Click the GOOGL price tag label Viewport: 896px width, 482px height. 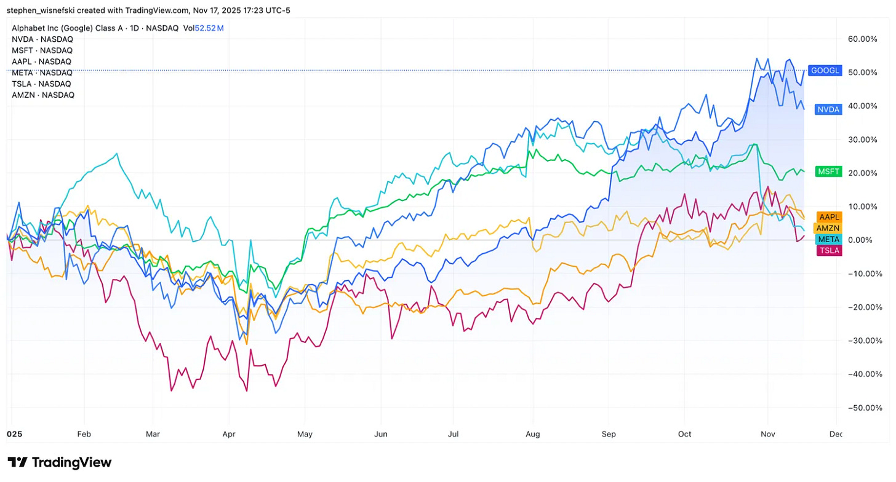point(825,71)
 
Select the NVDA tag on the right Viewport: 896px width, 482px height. point(827,110)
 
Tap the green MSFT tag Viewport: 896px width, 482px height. point(828,172)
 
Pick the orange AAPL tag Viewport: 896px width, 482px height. point(828,217)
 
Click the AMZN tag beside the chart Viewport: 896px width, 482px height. point(828,228)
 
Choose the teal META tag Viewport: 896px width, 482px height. point(828,239)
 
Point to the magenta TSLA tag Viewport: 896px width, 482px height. point(828,250)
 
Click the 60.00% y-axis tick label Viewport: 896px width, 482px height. point(862,39)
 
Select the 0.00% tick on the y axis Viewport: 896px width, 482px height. point(864,240)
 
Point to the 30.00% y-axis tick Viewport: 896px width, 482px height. point(862,140)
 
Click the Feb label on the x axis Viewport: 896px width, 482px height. point(84,434)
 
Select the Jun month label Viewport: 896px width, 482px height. point(381,434)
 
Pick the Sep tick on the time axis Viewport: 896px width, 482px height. point(609,434)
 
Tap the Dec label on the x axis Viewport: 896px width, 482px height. point(835,434)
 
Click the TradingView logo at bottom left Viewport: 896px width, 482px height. point(60,462)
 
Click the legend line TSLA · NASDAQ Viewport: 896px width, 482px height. point(41,84)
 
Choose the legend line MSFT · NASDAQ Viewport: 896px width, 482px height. point(42,50)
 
